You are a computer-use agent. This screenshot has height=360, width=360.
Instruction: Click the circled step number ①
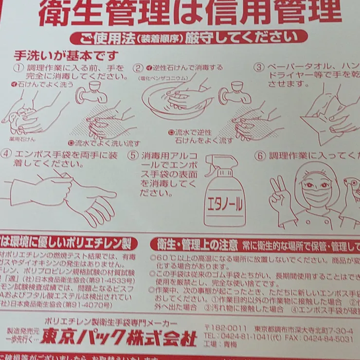18,67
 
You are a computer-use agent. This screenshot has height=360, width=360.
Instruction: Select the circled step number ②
139,68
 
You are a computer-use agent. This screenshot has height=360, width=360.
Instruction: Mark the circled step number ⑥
261,156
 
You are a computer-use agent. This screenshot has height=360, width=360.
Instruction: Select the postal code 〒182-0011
225,327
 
